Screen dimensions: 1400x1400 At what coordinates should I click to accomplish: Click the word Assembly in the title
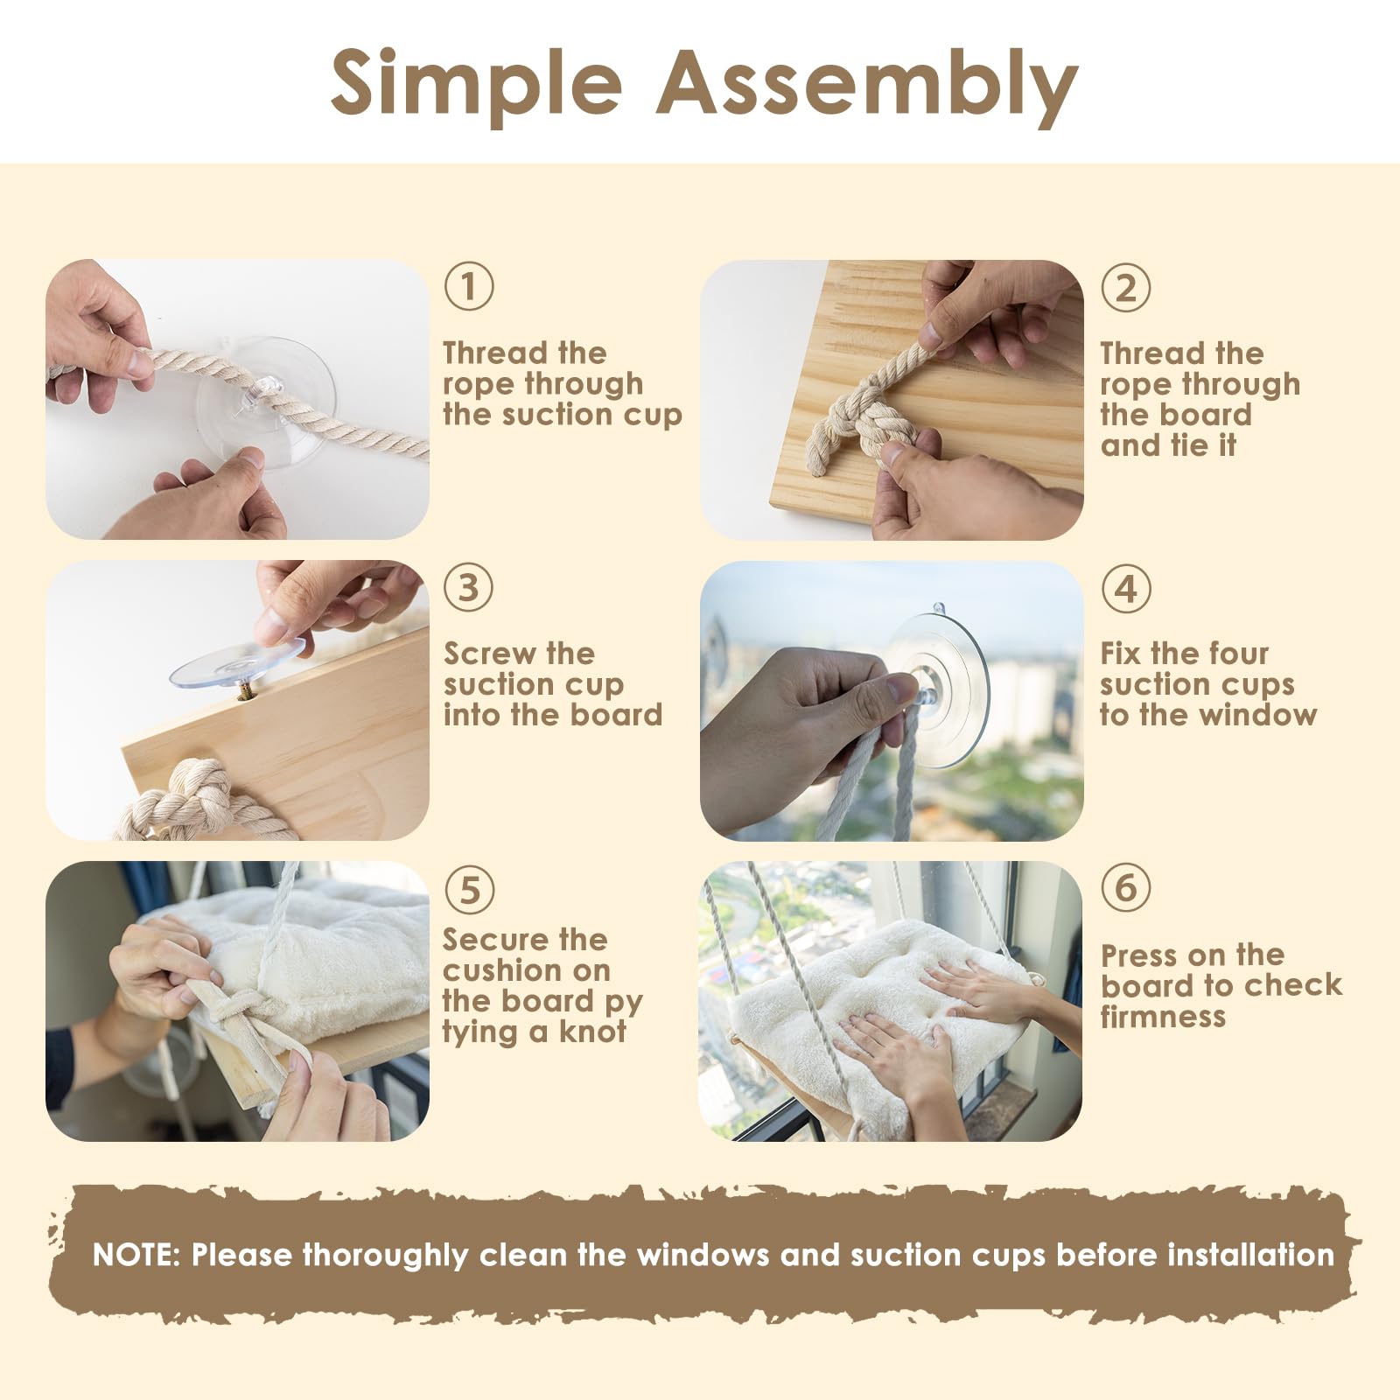[867, 86]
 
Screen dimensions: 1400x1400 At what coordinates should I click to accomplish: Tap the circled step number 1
[469, 286]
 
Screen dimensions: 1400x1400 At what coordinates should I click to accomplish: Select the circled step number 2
[1126, 288]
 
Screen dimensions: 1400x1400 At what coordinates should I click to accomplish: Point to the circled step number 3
[469, 587]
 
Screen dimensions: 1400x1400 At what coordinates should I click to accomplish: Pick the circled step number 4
[1126, 588]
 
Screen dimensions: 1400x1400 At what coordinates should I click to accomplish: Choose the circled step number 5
[470, 890]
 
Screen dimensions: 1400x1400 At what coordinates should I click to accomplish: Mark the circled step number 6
[1126, 887]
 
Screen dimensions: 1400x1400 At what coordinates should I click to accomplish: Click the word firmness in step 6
[1163, 1016]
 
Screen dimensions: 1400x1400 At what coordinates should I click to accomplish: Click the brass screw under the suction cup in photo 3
[245, 693]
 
